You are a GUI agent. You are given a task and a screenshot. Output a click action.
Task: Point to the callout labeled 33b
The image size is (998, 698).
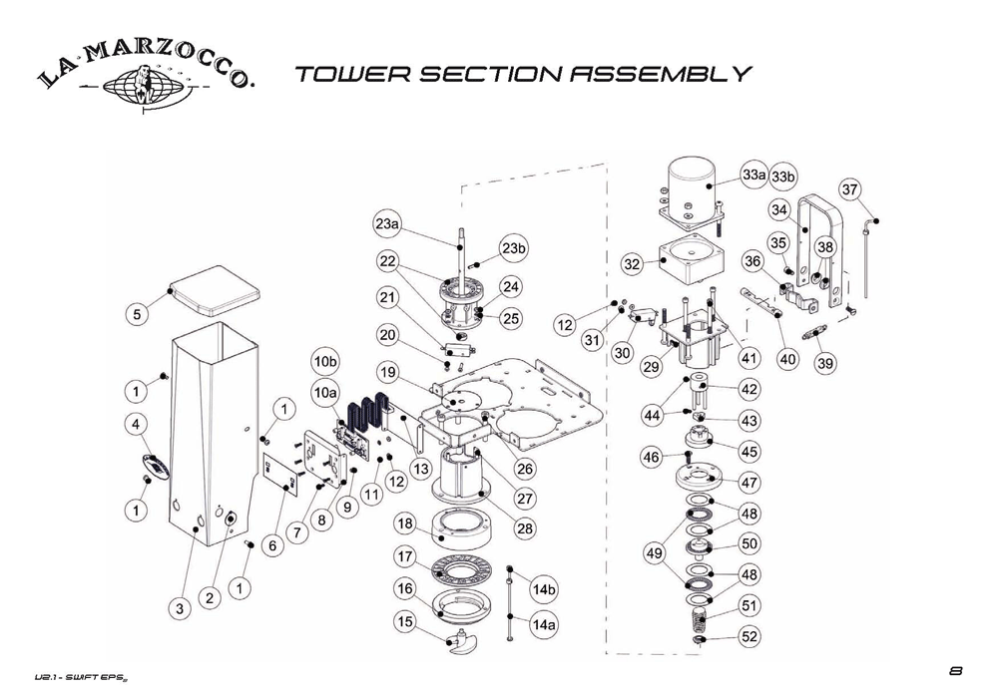pyautogui.click(x=784, y=177)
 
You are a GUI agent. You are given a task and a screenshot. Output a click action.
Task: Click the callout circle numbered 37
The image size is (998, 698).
pyautogui.click(x=850, y=189)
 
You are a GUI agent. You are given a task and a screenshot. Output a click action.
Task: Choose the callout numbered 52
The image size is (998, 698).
pyautogui.click(x=749, y=636)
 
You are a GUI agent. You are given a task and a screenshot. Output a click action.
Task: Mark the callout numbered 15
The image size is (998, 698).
pyautogui.click(x=404, y=621)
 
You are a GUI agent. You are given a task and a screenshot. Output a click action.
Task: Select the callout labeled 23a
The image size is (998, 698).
pyautogui.click(x=387, y=224)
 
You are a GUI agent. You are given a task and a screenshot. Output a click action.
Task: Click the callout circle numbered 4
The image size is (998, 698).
pyautogui.click(x=132, y=425)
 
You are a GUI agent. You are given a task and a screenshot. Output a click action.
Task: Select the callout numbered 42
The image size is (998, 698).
pyautogui.click(x=748, y=389)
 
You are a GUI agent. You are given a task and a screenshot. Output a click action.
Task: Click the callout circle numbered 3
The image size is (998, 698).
pyautogui.click(x=179, y=607)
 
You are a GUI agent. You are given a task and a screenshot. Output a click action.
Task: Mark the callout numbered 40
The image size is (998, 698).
pyautogui.click(x=787, y=360)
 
